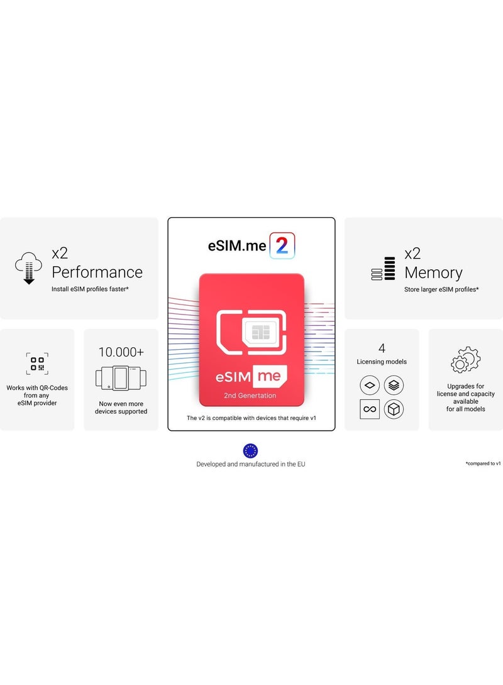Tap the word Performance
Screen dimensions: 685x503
pyautogui.click(x=97, y=272)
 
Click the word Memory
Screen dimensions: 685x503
pyautogui.click(x=433, y=272)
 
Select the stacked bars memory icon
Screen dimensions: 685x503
pyautogui.click(x=383, y=269)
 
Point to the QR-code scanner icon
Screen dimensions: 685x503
pyautogui.click(x=37, y=364)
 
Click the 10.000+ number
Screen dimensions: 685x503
pyautogui.click(x=121, y=352)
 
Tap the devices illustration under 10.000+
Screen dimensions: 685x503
pyautogui.click(x=121, y=378)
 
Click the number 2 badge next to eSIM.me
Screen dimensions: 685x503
pyautogui.click(x=282, y=246)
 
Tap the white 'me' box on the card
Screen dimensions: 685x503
pyautogui.click(x=270, y=377)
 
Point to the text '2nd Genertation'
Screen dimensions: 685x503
pyautogui.click(x=251, y=396)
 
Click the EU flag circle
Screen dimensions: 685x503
pyautogui.click(x=251, y=450)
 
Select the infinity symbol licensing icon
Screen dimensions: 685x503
pyautogui.click(x=370, y=409)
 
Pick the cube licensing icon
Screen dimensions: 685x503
pyautogui.click(x=394, y=409)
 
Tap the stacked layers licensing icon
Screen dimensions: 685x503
pyautogui.click(x=394, y=385)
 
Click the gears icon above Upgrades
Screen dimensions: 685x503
pyautogui.click(x=465, y=360)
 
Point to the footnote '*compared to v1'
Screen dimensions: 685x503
pyautogui.click(x=483, y=463)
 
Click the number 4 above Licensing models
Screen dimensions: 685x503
pyautogui.click(x=382, y=348)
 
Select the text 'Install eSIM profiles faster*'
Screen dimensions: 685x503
pyautogui.click(x=90, y=289)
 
